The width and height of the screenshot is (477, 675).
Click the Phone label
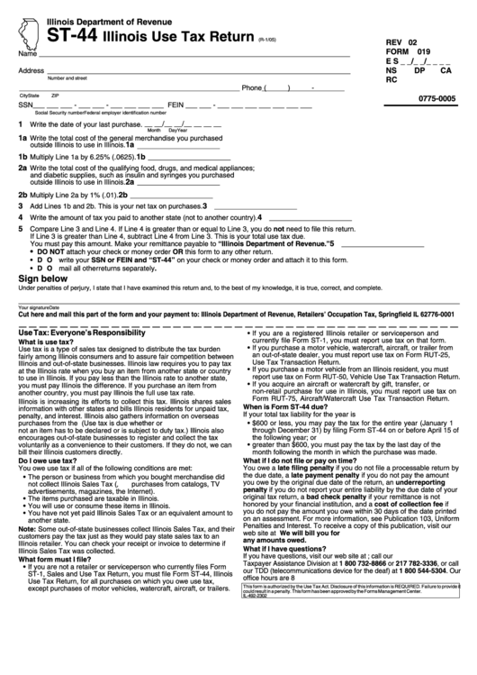(x=251, y=88)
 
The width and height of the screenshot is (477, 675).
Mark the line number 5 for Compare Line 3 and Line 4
(x=21, y=229)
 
